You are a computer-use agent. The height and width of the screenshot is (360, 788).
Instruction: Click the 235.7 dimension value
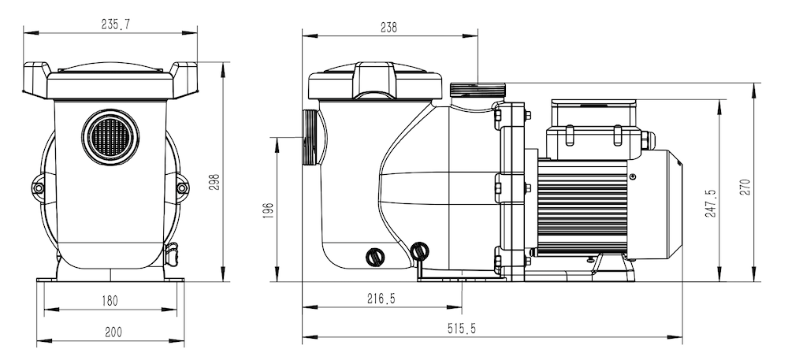[x=116, y=25]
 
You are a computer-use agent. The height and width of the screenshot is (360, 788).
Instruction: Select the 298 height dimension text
[x=214, y=182]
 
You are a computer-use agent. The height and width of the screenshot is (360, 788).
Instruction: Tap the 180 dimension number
[x=110, y=301]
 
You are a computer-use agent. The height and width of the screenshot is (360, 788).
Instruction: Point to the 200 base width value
[x=113, y=332]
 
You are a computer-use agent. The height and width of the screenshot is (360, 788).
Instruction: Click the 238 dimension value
[x=388, y=28]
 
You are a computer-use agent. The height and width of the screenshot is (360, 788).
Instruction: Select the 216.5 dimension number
[x=381, y=299]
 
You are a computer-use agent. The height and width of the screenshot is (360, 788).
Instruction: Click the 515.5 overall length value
[x=461, y=328]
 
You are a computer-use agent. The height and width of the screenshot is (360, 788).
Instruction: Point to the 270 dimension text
[x=745, y=187]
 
